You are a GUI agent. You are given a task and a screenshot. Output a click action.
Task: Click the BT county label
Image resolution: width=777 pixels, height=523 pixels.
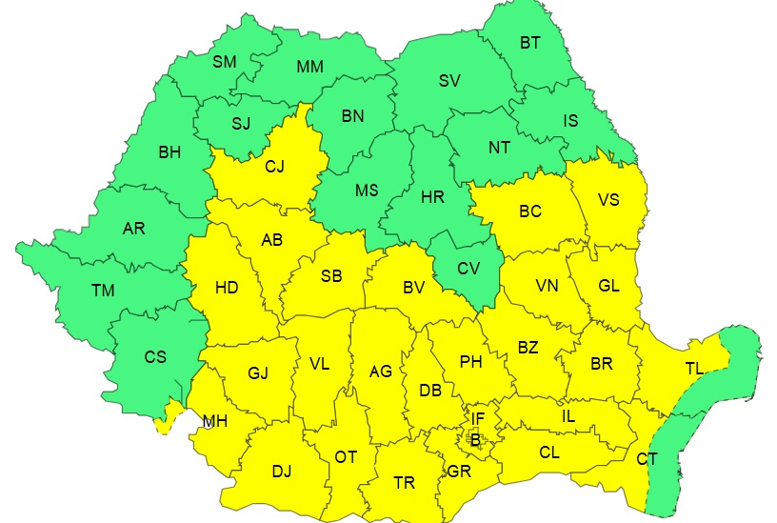[529, 43]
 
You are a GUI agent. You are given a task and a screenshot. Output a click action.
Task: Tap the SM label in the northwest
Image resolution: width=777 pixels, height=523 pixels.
[224, 62]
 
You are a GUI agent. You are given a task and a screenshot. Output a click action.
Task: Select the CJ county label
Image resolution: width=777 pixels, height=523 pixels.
[274, 168]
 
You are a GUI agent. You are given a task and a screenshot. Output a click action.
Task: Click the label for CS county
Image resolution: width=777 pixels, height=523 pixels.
[154, 357]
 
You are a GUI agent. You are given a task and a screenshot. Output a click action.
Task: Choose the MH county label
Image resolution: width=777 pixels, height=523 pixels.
[214, 421]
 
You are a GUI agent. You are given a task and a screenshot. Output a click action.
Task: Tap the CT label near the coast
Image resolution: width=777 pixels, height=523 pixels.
[647, 459]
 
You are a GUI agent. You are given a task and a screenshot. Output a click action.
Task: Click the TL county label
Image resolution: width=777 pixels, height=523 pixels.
[694, 368]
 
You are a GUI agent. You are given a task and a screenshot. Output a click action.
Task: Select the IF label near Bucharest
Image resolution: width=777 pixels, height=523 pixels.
[478, 418]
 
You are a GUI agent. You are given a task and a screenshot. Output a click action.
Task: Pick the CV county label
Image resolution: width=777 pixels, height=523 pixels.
[468, 269]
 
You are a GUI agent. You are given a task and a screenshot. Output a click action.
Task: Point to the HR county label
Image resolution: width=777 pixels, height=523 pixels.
[432, 197]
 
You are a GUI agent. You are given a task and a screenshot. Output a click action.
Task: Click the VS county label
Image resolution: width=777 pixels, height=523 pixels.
[608, 200]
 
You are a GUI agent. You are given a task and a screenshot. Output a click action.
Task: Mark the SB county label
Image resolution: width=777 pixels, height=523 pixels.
[330, 276]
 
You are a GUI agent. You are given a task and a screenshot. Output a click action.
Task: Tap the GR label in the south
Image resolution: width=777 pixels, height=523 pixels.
[459, 472]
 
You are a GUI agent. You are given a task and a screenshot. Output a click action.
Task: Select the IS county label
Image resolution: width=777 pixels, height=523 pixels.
[570, 121]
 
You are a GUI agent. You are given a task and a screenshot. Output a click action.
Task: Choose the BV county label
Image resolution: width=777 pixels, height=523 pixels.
[412, 286]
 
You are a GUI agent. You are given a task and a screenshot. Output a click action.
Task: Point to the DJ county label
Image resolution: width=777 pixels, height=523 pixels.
[282, 471]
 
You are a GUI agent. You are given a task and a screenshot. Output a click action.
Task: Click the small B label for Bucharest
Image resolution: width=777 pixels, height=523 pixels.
[475, 438]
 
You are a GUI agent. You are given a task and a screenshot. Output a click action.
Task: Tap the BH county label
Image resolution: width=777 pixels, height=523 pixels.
[169, 151]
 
